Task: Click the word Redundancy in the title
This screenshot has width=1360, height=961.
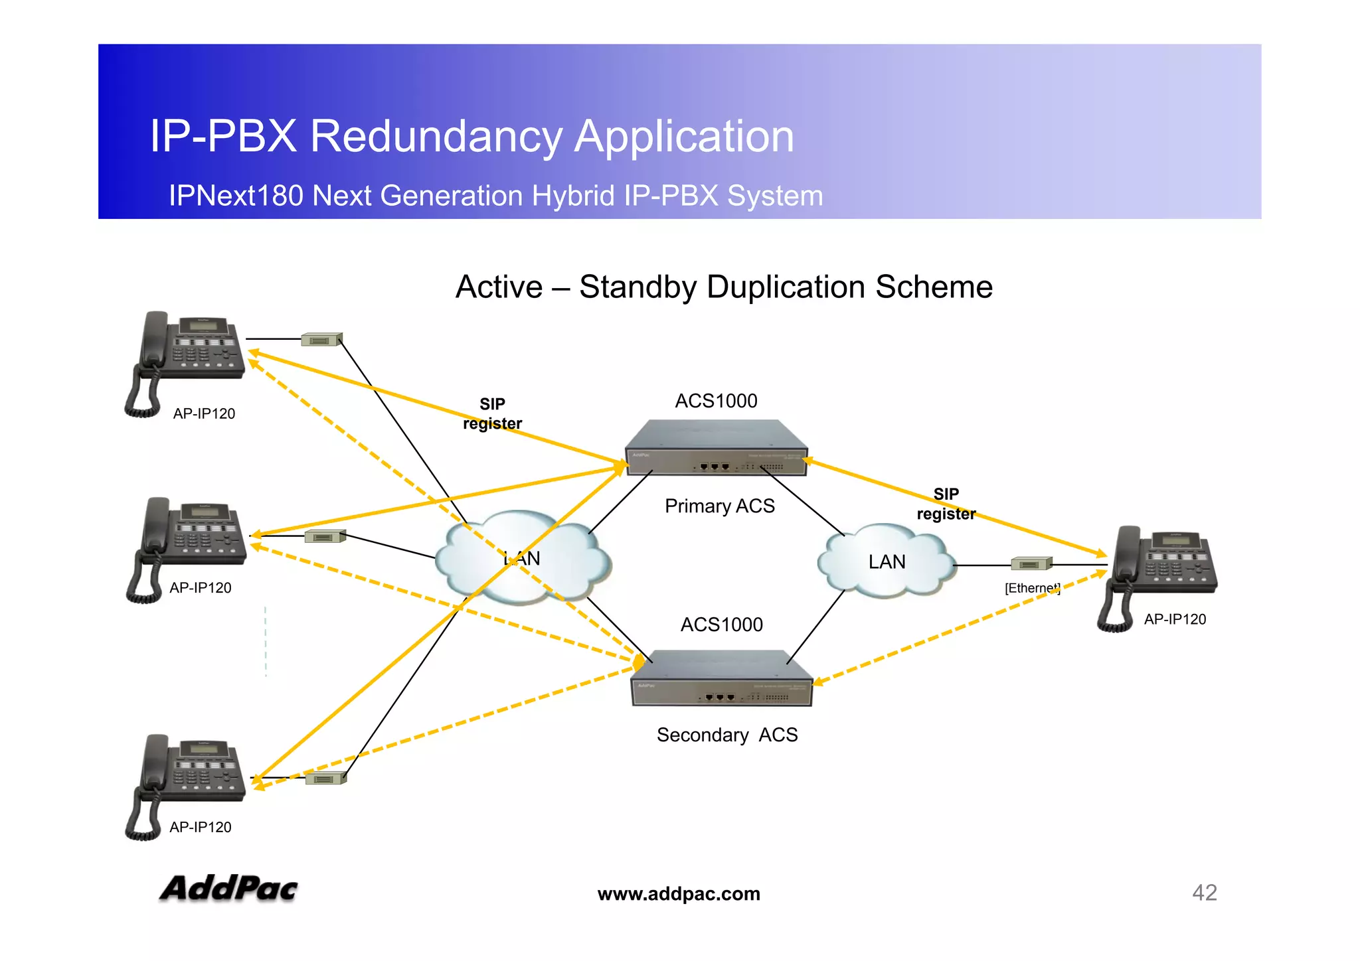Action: pyautogui.click(x=436, y=136)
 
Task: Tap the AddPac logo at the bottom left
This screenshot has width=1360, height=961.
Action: pyautogui.click(x=228, y=888)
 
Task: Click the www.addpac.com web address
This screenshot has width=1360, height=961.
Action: pyautogui.click(x=679, y=894)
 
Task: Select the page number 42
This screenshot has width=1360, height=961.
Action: pyautogui.click(x=1204, y=893)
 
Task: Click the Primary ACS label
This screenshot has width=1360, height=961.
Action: pyautogui.click(x=719, y=506)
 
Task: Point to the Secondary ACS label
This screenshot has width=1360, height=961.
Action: pyautogui.click(x=726, y=735)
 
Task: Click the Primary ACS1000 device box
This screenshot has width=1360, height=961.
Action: pyautogui.click(x=716, y=449)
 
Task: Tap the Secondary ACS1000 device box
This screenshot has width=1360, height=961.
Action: pyautogui.click(x=721, y=678)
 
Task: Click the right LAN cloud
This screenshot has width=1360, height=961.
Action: pyautogui.click(x=887, y=561)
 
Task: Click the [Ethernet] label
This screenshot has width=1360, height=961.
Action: pyautogui.click(x=1032, y=588)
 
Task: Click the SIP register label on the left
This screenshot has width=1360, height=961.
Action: pyautogui.click(x=492, y=413)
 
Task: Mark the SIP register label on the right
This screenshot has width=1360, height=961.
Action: pyautogui.click(x=946, y=504)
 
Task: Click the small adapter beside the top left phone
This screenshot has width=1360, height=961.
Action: pyautogui.click(x=322, y=340)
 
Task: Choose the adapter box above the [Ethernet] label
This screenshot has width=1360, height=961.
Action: pyautogui.click(x=1031, y=564)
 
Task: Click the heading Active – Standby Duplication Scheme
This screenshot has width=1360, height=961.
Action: pyautogui.click(x=724, y=287)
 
